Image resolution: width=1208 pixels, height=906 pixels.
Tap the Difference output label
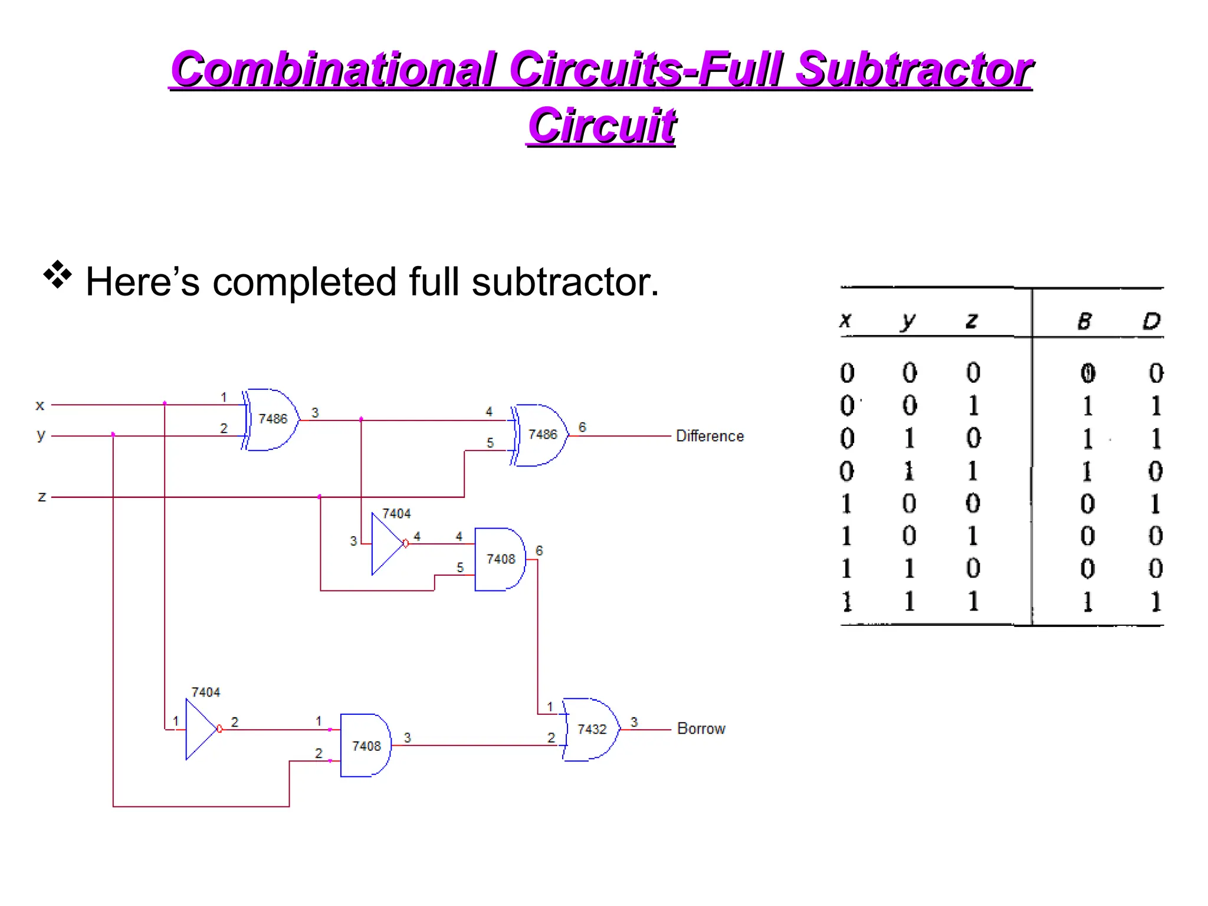[x=710, y=436]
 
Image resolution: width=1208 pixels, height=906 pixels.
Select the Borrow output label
[x=701, y=728]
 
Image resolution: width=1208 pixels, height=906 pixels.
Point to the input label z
[x=41, y=497]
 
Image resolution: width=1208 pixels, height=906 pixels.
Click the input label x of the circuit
[x=40, y=405]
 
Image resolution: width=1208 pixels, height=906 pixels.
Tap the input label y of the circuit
[x=40, y=435]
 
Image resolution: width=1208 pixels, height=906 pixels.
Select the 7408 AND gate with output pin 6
[x=500, y=559]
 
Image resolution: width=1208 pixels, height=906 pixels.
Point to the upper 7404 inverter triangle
[x=386, y=544]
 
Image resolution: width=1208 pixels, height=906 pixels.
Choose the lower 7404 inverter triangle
[x=201, y=730]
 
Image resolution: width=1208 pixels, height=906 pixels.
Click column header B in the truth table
[x=1084, y=321]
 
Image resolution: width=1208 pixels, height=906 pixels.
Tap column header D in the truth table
[x=1151, y=321]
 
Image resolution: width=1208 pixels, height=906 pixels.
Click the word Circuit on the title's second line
[x=601, y=126]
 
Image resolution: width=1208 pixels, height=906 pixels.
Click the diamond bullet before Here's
[x=57, y=274]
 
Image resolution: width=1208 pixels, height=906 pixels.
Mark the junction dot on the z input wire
[x=320, y=497]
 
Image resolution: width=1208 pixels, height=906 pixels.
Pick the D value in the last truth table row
[x=1155, y=602]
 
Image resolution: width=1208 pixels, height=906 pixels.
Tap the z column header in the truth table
[x=971, y=321]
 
